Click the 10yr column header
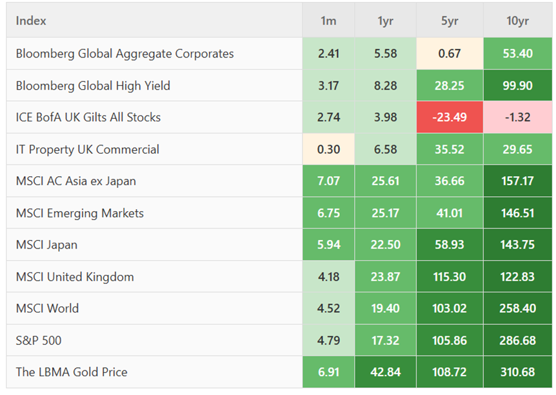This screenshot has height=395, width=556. (517, 21)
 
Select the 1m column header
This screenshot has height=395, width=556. (328, 21)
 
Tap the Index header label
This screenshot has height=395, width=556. (31, 21)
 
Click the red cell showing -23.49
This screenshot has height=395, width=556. (449, 117)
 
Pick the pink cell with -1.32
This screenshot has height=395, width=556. (517, 117)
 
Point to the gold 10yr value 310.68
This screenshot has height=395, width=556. (517, 372)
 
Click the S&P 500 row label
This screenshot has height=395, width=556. (39, 340)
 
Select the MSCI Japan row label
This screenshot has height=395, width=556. (46, 245)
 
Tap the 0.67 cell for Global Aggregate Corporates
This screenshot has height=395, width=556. (449, 53)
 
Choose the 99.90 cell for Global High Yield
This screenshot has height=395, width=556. (517, 85)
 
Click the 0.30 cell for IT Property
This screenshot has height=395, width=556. (328, 149)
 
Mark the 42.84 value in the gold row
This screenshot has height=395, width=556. (386, 372)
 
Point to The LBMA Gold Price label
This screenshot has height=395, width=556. (72, 372)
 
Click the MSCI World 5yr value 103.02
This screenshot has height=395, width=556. (449, 308)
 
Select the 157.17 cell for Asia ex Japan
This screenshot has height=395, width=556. (517, 181)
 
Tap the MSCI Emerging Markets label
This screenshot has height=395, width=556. (80, 213)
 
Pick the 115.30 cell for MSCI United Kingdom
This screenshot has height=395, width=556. (449, 276)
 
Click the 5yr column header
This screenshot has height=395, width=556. (449, 21)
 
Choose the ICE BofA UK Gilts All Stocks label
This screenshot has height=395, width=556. (88, 117)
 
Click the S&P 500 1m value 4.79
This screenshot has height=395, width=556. (328, 340)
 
